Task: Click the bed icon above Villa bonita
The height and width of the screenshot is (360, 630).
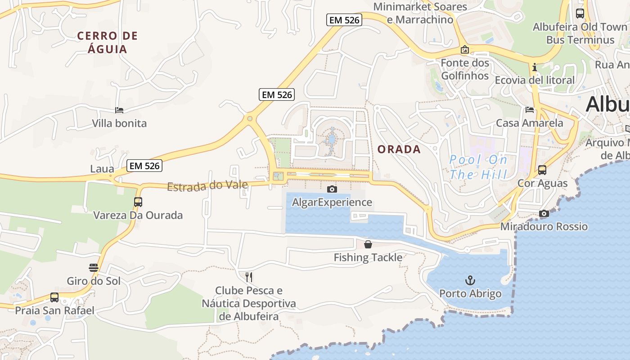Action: pyautogui.click(x=119, y=110)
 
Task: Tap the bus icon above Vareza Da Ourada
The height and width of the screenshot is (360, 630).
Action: pyautogui.click(x=138, y=202)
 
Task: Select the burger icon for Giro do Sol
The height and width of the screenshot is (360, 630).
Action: pyautogui.click(x=94, y=268)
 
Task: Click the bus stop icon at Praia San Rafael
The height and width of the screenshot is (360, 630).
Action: pyautogui.click(x=54, y=297)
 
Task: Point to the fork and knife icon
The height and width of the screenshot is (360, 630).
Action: pyautogui.click(x=249, y=277)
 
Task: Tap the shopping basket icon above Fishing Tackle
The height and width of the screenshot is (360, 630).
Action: pyautogui.click(x=368, y=244)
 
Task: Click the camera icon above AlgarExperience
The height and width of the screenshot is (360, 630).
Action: pyautogui.click(x=332, y=189)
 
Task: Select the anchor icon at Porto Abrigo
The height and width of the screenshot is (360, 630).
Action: pyautogui.click(x=470, y=281)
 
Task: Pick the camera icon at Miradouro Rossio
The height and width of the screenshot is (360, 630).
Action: pyautogui.click(x=544, y=213)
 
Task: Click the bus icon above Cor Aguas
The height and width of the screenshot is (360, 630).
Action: pyautogui.click(x=542, y=170)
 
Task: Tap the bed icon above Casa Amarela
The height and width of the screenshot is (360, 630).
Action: pyautogui.click(x=530, y=110)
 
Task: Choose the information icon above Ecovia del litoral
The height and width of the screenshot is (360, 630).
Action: pyautogui.click(x=535, y=67)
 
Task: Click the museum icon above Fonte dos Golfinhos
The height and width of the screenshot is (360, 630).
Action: pyautogui.click(x=465, y=49)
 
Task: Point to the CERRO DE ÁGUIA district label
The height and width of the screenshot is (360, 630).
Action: pyautogui.click(x=107, y=42)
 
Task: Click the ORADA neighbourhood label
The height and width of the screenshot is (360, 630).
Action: pyautogui.click(x=399, y=149)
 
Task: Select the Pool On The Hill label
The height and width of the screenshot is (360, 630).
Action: pyautogui.click(x=479, y=167)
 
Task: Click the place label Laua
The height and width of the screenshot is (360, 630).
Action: pyautogui.click(x=102, y=169)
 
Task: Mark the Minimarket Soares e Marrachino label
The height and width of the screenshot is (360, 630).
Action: pyautogui.click(x=420, y=13)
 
